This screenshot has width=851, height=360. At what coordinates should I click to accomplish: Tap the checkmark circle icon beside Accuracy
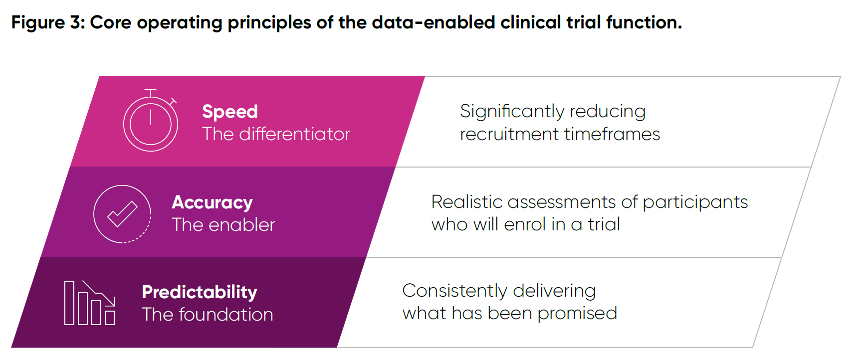(x=122, y=214)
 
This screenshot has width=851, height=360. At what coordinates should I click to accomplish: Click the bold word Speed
(x=230, y=112)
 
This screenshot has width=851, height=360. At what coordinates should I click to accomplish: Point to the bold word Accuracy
(x=212, y=202)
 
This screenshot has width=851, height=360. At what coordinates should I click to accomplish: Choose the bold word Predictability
(x=200, y=292)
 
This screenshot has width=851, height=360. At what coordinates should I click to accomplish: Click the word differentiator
(x=294, y=134)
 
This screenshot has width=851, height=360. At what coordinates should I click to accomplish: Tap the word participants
(x=695, y=202)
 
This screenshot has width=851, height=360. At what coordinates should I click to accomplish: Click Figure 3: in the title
(x=48, y=22)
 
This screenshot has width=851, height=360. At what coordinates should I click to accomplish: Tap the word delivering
(x=554, y=291)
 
